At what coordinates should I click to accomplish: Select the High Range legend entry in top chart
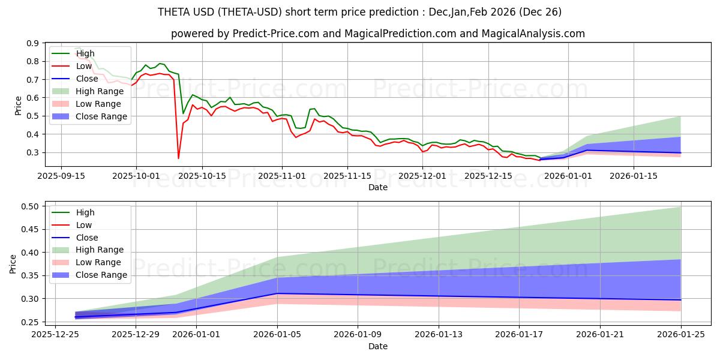[99, 91]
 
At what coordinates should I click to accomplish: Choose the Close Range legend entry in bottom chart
[101, 275]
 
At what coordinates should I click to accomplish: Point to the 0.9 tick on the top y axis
[32, 43]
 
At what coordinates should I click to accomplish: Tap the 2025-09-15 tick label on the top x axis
[61, 176]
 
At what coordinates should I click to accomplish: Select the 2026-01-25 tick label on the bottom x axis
[680, 334]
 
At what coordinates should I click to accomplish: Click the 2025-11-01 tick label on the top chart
[282, 176]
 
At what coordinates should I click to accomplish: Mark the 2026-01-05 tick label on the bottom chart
[277, 334]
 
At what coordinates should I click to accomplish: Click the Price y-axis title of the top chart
[18, 106]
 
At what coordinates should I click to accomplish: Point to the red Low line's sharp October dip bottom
[178, 158]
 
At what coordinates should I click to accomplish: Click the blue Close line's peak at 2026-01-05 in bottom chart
[277, 293]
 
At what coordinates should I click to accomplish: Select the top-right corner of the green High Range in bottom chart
[680, 207]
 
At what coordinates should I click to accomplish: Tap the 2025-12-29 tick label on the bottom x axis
[136, 334]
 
